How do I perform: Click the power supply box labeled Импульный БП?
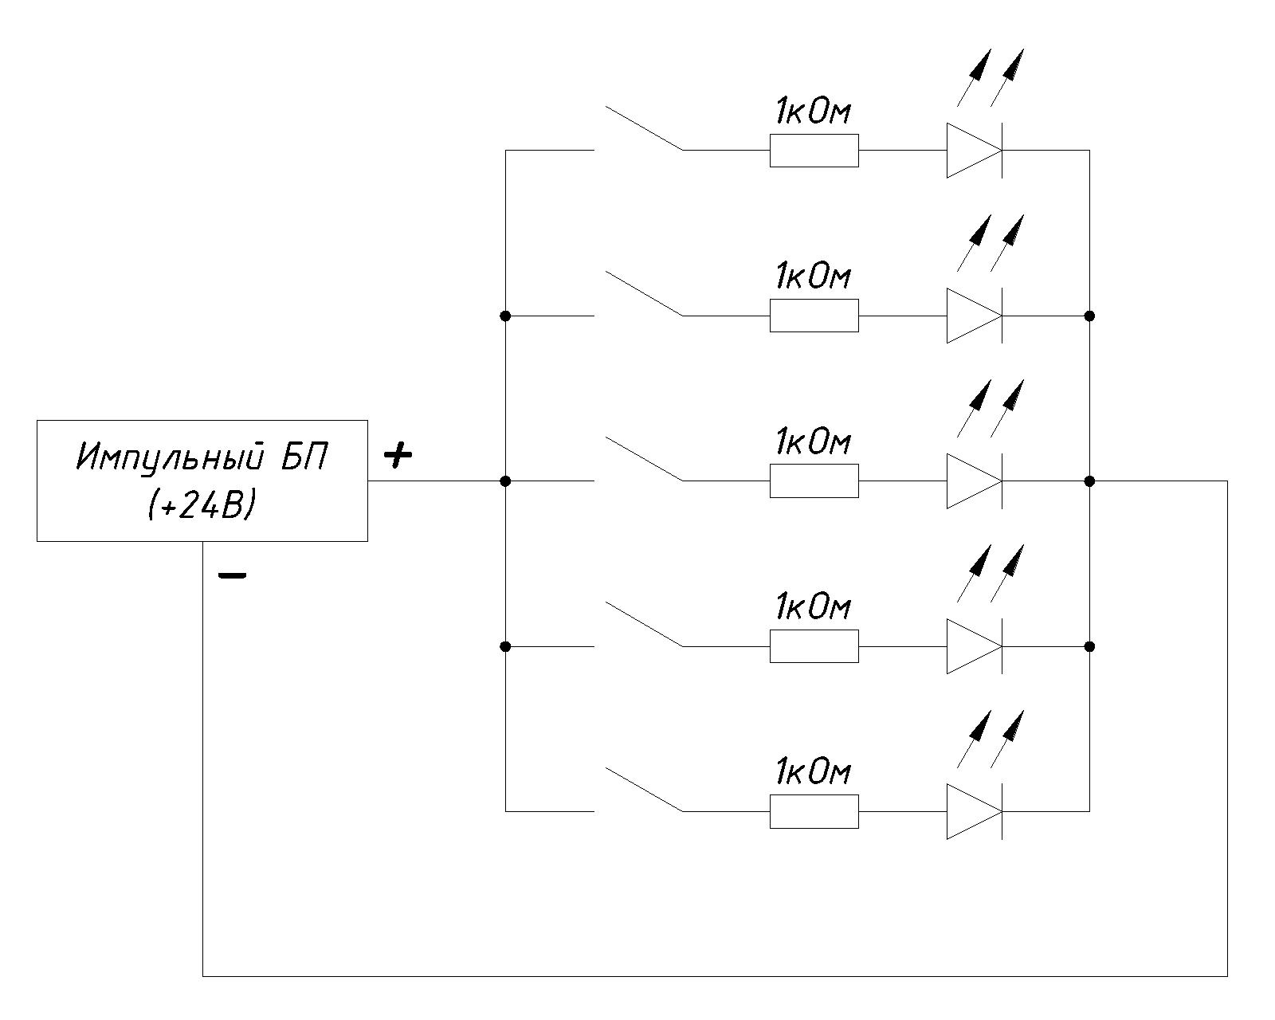point(202,481)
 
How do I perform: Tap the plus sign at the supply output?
point(398,455)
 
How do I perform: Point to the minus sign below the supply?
point(232,575)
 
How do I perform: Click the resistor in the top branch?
point(814,151)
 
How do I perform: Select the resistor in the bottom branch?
point(814,811)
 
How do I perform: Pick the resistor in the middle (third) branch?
point(814,481)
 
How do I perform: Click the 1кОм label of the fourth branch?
point(813,608)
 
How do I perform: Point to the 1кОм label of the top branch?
point(813,112)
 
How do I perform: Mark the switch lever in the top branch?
point(644,128)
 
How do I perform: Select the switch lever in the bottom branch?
point(644,790)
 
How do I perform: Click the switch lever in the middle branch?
point(644,459)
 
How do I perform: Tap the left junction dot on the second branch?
point(505,316)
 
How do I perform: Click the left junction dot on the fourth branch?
point(505,646)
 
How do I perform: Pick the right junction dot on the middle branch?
point(1089,481)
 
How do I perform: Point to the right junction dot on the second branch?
point(1089,316)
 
